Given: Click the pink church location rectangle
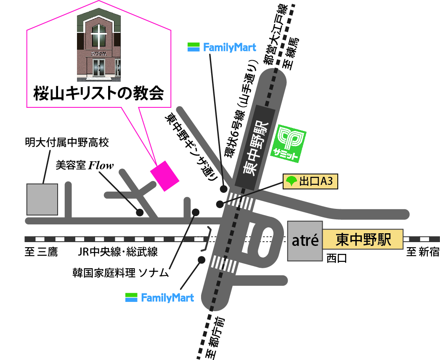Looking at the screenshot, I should click(x=165, y=176).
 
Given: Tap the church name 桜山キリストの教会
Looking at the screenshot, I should click(x=98, y=93).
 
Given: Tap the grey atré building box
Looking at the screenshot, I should click(x=305, y=240).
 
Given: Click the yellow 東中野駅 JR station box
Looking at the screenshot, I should click(x=363, y=240).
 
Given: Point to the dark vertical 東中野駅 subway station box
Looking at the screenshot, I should click(x=256, y=148).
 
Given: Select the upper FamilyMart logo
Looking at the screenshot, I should click(x=222, y=47).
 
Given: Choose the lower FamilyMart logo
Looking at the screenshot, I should click(x=160, y=298).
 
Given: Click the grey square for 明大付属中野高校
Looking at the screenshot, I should click(x=42, y=199).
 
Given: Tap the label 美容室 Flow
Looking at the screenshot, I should click(x=85, y=165).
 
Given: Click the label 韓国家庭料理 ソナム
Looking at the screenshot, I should click(x=121, y=273).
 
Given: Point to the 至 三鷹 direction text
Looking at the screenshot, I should click(x=41, y=253).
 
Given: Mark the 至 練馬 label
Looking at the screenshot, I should click(x=292, y=53).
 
